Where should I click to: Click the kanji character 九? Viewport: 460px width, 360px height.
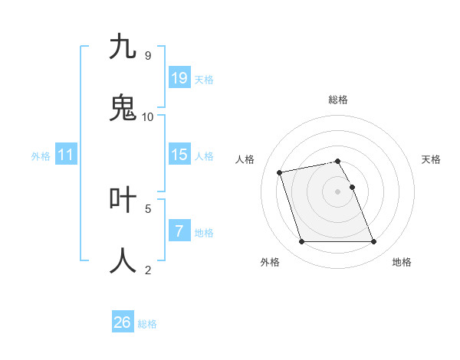click(123, 47)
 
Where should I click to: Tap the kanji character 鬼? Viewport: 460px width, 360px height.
click(123, 108)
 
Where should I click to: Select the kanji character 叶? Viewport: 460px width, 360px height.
click(123, 199)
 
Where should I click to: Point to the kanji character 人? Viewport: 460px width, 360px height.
click(123, 260)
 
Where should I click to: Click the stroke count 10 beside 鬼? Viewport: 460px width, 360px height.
click(148, 116)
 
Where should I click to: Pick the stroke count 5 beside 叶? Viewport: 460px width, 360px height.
click(148, 208)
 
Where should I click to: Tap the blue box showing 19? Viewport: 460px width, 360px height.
click(179, 78)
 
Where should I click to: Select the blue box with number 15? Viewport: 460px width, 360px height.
click(179, 155)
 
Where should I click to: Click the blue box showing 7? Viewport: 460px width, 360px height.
click(179, 231)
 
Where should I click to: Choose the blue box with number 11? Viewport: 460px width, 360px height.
click(66, 155)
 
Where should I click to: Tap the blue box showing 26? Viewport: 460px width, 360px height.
click(123, 322)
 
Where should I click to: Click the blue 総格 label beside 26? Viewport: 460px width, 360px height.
click(148, 324)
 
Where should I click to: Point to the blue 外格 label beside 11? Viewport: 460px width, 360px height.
click(41, 156)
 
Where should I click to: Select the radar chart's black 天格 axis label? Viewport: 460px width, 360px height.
click(432, 159)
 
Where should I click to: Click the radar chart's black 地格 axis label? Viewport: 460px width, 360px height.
click(402, 262)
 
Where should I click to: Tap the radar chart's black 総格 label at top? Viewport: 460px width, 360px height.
click(338, 100)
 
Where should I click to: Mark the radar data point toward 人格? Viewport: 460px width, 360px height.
click(280, 172)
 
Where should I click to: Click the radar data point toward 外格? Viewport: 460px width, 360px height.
click(301, 242)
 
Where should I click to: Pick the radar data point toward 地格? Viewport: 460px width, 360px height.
click(373, 242)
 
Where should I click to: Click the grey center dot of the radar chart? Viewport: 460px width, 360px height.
click(338, 191)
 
